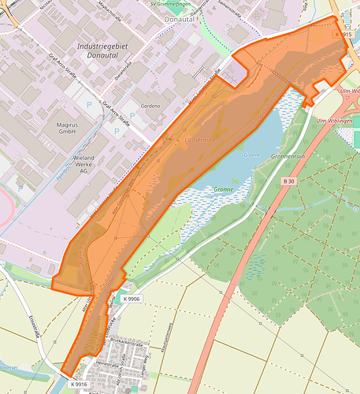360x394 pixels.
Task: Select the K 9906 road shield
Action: pos(132,299)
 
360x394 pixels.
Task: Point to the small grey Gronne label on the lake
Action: pos(251,154)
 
